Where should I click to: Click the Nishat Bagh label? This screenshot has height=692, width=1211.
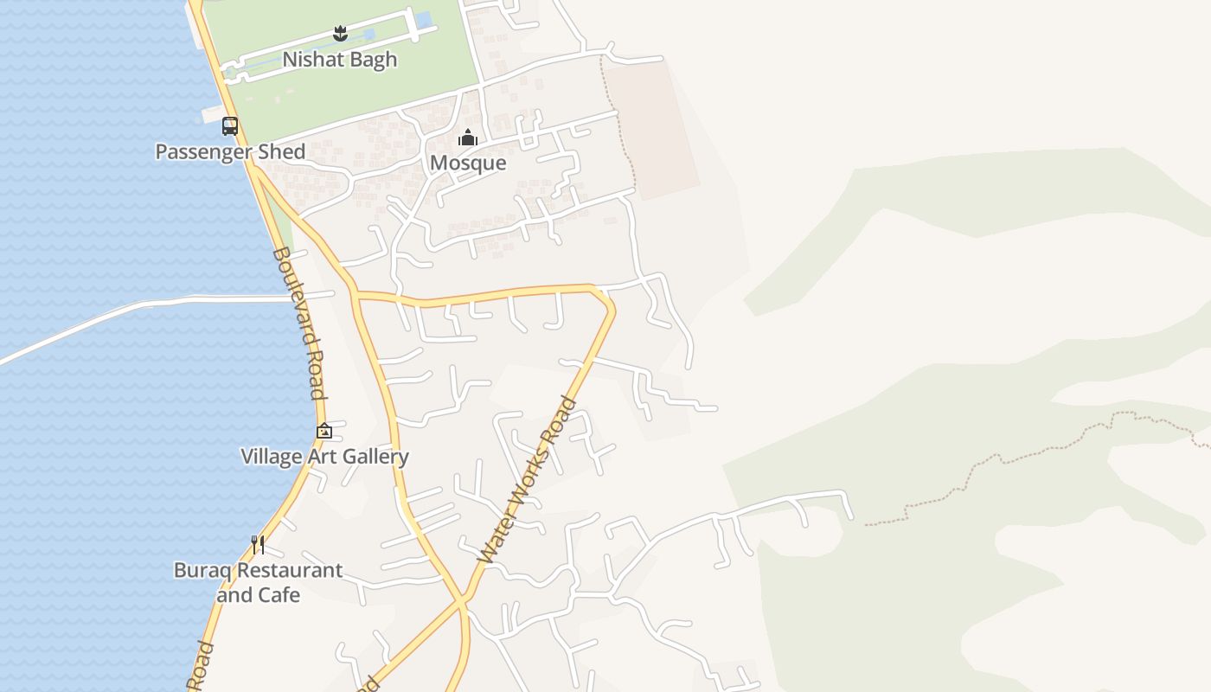coord(340,60)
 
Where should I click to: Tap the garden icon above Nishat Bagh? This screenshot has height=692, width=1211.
coord(340,34)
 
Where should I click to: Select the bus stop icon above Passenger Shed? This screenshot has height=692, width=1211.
coord(230,126)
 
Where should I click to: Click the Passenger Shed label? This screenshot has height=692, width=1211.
coord(230,152)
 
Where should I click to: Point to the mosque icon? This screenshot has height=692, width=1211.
coord(468,138)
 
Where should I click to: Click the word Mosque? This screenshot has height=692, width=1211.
coord(468,163)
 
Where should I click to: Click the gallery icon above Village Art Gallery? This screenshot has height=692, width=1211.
coord(324,431)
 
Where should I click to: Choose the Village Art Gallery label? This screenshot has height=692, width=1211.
coord(324,457)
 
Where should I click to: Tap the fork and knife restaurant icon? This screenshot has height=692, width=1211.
coord(258,545)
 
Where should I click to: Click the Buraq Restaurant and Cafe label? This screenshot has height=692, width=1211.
coord(258,582)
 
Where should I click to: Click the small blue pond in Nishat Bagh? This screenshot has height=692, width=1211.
coord(424,20)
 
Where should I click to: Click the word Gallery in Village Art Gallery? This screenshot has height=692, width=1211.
coord(375,457)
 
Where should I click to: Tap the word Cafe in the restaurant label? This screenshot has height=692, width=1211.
coord(279,595)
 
